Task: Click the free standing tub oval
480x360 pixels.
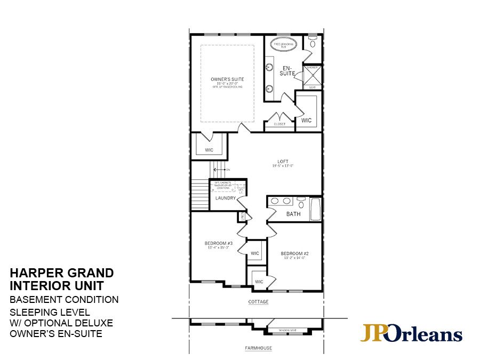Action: (x=280, y=45)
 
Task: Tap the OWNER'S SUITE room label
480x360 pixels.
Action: (x=227, y=79)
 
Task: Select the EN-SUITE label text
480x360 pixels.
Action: (x=289, y=70)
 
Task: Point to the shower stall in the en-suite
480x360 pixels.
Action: (x=313, y=77)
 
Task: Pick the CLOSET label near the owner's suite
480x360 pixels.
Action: (x=279, y=124)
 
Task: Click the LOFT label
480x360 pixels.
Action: (x=283, y=161)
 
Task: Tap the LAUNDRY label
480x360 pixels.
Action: (x=225, y=198)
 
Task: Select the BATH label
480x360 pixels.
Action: (x=293, y=214)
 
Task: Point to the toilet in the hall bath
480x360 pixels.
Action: (x=301, y=203)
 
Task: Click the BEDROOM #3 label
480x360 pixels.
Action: (x=218, y=243)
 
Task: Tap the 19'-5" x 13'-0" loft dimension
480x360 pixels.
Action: (x=283, y=166)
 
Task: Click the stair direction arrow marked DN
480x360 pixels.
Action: (x=219, y=170)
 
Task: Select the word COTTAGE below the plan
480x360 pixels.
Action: (x=258, y=302)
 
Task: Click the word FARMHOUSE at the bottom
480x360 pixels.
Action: (x=258, y=348)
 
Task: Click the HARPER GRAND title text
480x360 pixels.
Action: (x=62, y=273)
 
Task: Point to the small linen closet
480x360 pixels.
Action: (x=242, y=216)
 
